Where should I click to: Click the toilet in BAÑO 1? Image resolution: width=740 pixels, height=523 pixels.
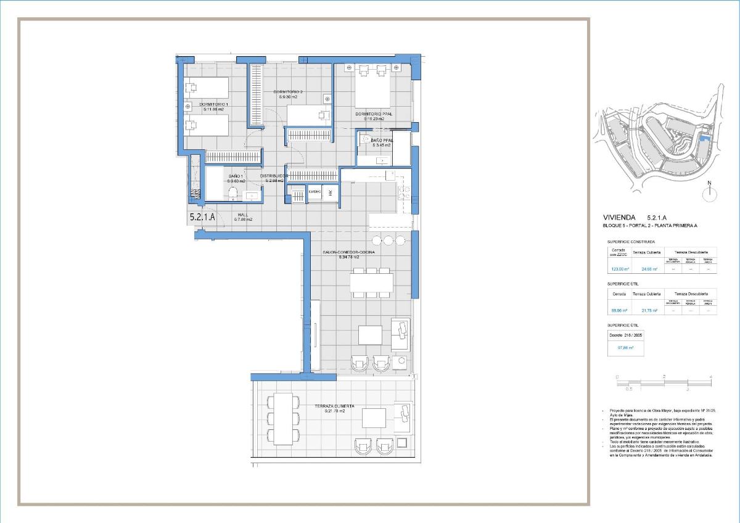pos(232,194)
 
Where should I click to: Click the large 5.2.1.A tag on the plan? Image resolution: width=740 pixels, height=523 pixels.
pos(202,217)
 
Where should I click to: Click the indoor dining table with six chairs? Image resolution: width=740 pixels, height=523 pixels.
pos(371,282)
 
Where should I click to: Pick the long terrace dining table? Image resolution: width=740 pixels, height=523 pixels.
pos(283,418)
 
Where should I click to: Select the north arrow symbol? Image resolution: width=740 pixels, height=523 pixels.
pos(710,192)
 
